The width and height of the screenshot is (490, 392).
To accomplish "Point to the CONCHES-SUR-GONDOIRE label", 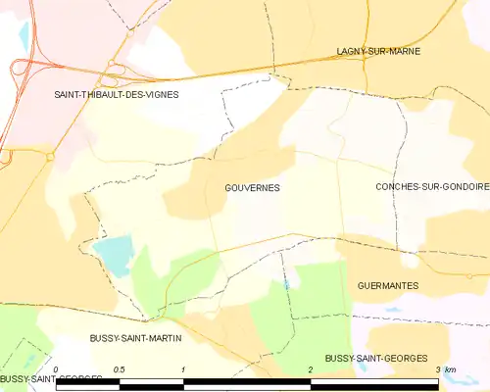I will [x=431, y=186].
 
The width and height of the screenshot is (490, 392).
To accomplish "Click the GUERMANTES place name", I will [x=389, y=285].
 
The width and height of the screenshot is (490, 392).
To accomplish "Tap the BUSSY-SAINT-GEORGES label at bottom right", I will [x=376, y=359].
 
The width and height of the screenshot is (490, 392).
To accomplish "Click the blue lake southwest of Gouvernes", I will [x=113, y=254].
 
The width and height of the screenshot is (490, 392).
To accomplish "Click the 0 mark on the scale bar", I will [x=57, y=369].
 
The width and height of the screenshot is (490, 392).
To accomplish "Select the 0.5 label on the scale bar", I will [x=120, y=369].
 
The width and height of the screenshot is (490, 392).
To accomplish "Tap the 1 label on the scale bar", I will [x=183, y=369].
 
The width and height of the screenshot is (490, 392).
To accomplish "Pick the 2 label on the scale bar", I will [x=311, y=369].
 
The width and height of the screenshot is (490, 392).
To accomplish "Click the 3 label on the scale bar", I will [x=437, y=369].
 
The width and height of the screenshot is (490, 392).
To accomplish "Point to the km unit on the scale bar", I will [x=450, y=369].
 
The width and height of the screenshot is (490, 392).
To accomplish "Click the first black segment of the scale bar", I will [x=88, y=381].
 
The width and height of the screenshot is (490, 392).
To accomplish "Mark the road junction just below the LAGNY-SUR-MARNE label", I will [x=365, y=61].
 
